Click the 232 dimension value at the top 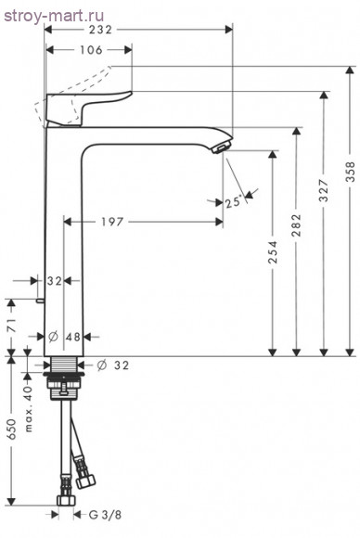(100, 30)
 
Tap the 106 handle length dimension (91, 50)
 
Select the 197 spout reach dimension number (112, 222)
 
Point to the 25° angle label (234, 202)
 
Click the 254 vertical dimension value (273, 252)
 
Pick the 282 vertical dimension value (296, 225)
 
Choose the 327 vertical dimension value (324, 190)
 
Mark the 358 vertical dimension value (350, 172)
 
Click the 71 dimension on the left (12, 326)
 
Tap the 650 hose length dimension (11, 429)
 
